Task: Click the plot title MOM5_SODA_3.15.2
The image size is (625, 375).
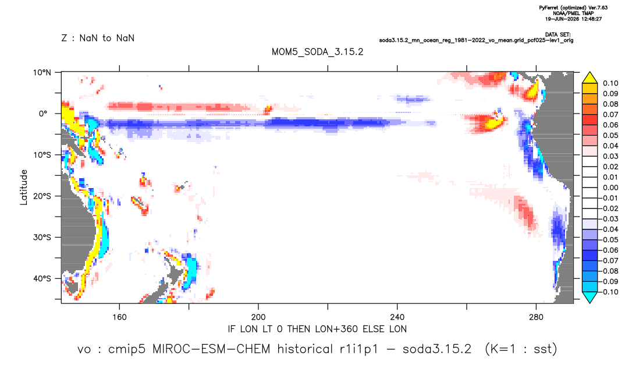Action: pyautogui.click(x=317, y=52)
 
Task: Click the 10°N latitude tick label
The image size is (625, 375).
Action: pyautogui.click(x=42, y=72)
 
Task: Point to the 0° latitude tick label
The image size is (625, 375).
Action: pyautogui.click(x=43, y=114)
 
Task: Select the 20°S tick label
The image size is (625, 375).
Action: pyautogui.click(x=42, y=196)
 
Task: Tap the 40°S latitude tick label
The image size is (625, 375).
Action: pyautogui.click(x=42, y=278)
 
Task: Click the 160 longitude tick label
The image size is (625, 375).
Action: pyautogui.click(x=119, y=317)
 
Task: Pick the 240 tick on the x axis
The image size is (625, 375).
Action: pyautogui.click(x=397, y=317)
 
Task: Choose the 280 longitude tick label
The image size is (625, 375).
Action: pyautogui.click(x=536, y=317)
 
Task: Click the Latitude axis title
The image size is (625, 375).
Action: pyautogui.click(x=24, y=187)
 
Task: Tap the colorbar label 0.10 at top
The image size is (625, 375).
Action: pyautogui.click(x=610, y=83)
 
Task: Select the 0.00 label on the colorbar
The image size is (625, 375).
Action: pyautogui.click(x=610, y=187)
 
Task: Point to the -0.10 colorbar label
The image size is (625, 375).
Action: pyautogui.click(x=609, y=292)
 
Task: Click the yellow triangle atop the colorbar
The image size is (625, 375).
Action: pyautogui.click(x=590, y=78)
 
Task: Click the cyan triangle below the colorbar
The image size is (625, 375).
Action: pyautogui.click(x=590, y=297)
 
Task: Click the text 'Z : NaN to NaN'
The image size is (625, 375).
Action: pyautogui.click(x=98, y=38)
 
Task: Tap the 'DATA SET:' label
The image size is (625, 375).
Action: pyautogui.click(x=557, y=35)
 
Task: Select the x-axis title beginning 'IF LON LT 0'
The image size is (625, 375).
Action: pyautogui.click(x=317, y=329)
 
